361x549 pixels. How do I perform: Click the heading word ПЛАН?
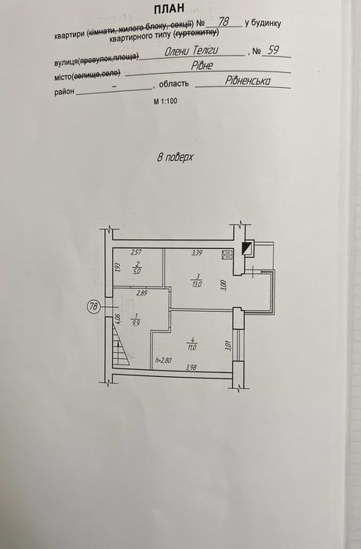tap(170, 9)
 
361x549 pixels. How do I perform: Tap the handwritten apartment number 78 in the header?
tap(224, 22)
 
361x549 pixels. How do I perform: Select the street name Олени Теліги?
tap(191, 51)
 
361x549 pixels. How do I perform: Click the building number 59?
tap(273, 50)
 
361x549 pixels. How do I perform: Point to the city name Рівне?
tap(202, 65)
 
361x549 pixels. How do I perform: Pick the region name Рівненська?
tap(248, 81)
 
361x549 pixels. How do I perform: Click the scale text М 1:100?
tap(165, 101)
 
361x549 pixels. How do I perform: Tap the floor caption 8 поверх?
tap(175, 157)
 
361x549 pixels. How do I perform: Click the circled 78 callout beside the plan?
tap(93, 306)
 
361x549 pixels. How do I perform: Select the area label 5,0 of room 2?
tap(137, 271)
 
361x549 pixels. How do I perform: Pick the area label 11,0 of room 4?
tap(192, 348)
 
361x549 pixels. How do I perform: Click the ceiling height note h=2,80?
tap(163, 361)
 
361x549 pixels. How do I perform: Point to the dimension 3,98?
tap(191, 368)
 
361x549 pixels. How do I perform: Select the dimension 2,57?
tap(137, 252)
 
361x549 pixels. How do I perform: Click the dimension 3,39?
tap(197, 252)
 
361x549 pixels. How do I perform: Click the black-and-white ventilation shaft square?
tap(248, 248)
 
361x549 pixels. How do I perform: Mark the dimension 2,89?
tap(142, 294)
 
